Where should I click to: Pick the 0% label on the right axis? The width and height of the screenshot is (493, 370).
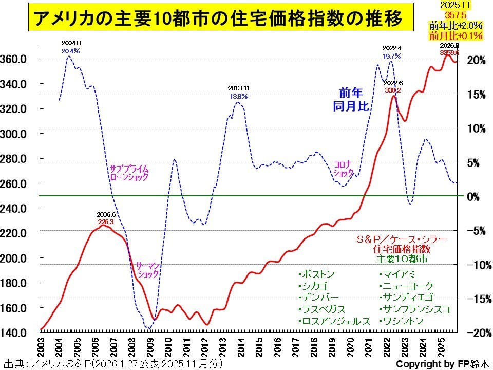[x=479, y=196]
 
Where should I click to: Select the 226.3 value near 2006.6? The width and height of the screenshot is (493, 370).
[x=106, y=221]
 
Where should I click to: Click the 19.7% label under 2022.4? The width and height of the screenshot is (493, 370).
[x=391, y=55]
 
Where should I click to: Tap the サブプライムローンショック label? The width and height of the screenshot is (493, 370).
[x=129, y=172]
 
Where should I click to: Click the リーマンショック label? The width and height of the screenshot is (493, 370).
[x=148, y=270]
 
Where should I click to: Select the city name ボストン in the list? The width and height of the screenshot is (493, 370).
[x=318, y=273]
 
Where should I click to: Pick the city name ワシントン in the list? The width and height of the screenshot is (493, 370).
[x=403, y=321]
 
